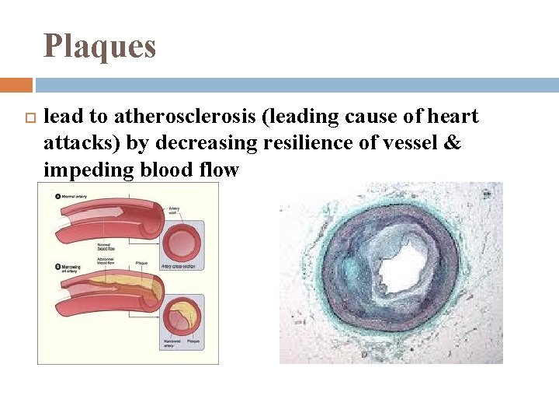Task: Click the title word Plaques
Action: (x=99, y=46)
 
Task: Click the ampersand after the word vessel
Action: (x=453, y=143)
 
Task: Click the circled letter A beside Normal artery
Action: (x=57, y=197)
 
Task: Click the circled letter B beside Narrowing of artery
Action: (x=57, y=267)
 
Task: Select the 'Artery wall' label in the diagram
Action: (x=176, y=210)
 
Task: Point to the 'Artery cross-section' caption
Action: (x=178, y=267)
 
